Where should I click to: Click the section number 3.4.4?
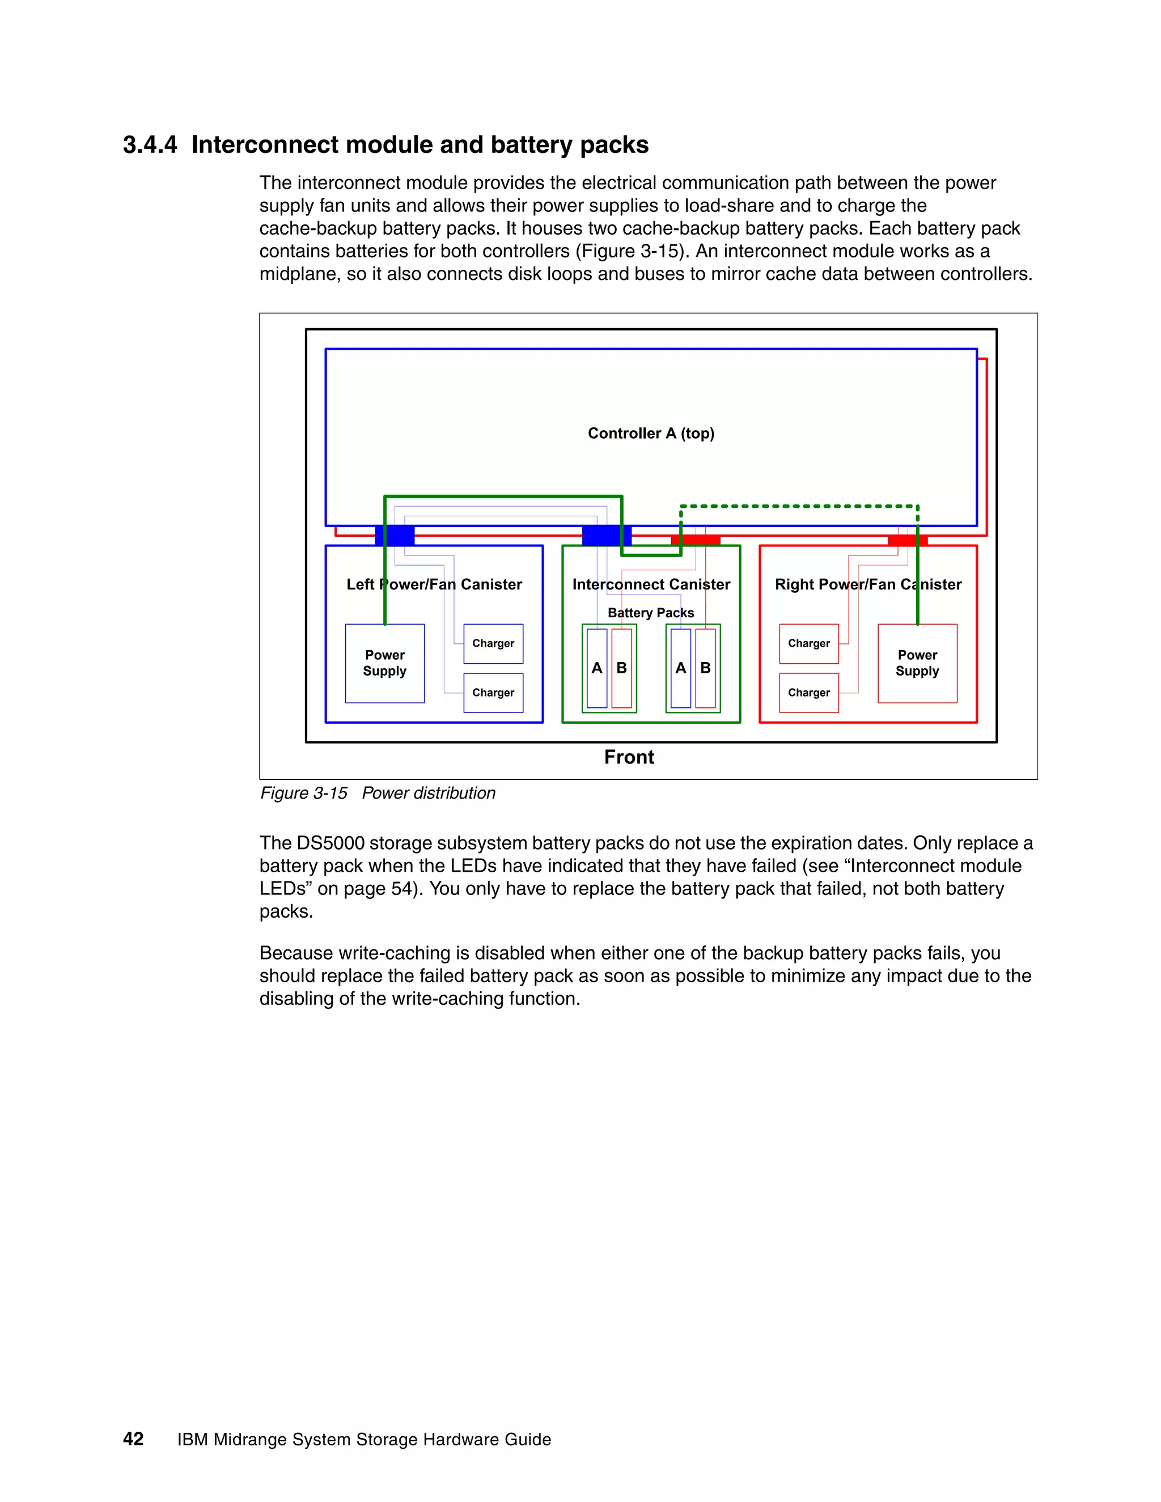click(x=150, y=145)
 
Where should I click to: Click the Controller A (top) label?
click(x=651, y=433)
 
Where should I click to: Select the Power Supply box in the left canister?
click(x=384, y=663)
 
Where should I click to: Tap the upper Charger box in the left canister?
click(x=493, y=644)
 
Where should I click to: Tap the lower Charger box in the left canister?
click(x=493, y=693)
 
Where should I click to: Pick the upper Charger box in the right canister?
click(x=809, y=644)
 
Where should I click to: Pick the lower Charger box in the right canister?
click(x=809, y=693)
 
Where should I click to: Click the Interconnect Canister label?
click(x=651, y=584)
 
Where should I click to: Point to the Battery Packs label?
click(x=651, y=613)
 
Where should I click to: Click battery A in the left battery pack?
click(x=597, y=668)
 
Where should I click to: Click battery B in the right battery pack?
click(x=706, y=668)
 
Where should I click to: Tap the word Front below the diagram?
click(x=629, y=757)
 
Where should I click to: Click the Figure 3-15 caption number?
click(x=304, y=793)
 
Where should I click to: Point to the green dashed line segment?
click(x=798, y=507)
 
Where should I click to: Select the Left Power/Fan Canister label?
click(x=434, y=584)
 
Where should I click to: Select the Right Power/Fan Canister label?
click(x=868, y=584)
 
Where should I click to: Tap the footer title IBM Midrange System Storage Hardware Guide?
click(x=364, y=1440)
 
